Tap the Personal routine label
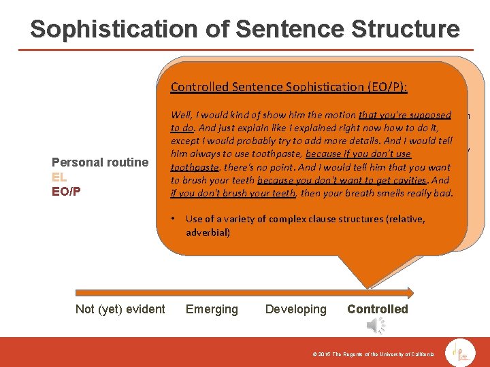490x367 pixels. [x=100, y=162]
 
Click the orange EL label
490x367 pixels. [x=59, y=177]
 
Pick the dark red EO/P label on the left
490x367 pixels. [x=66, y=191]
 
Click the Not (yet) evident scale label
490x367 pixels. [x=120, y=309]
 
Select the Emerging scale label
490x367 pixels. [x=212, y=309]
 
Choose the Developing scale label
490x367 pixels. [x=295, y=309]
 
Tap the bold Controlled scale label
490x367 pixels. [x=377, y=309]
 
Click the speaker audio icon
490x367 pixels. [x=376, y=326]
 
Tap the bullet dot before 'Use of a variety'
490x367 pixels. [x=174, y=218]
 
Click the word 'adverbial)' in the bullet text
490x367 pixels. [x=208, y=232]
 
